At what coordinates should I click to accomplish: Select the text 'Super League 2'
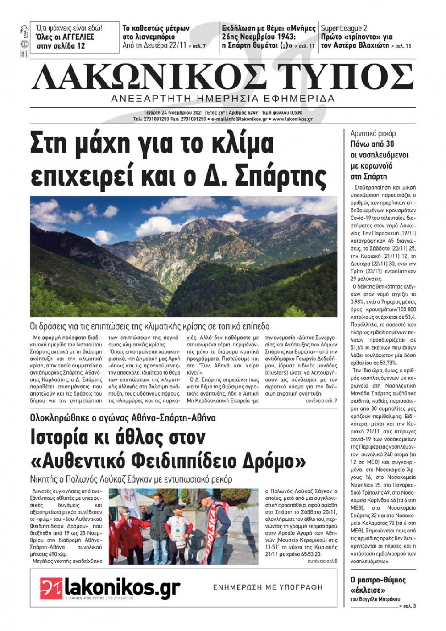point(344,28)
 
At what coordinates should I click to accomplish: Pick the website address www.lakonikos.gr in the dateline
point(293,120)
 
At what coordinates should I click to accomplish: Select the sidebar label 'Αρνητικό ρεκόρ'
point(373,133)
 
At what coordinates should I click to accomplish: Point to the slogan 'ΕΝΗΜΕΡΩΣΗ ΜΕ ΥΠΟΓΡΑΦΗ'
point(268,587)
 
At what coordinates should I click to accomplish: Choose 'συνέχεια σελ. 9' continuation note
point(321,401)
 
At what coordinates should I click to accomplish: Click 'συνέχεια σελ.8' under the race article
point(322,561)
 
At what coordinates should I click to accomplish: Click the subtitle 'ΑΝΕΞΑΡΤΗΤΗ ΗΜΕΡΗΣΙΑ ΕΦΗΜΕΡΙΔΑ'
point(223,99)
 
